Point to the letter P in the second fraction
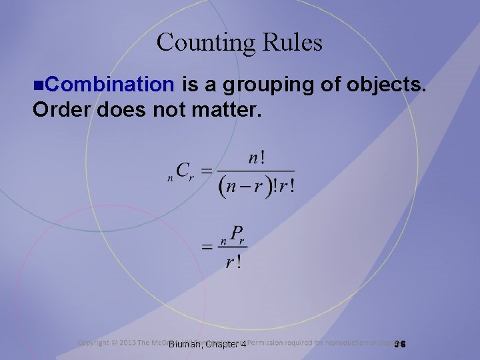[235, 234]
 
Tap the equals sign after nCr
[207, 171]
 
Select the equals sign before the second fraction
[207, 247]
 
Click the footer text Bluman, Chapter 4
[207, 345]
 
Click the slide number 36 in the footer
[400, 344]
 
